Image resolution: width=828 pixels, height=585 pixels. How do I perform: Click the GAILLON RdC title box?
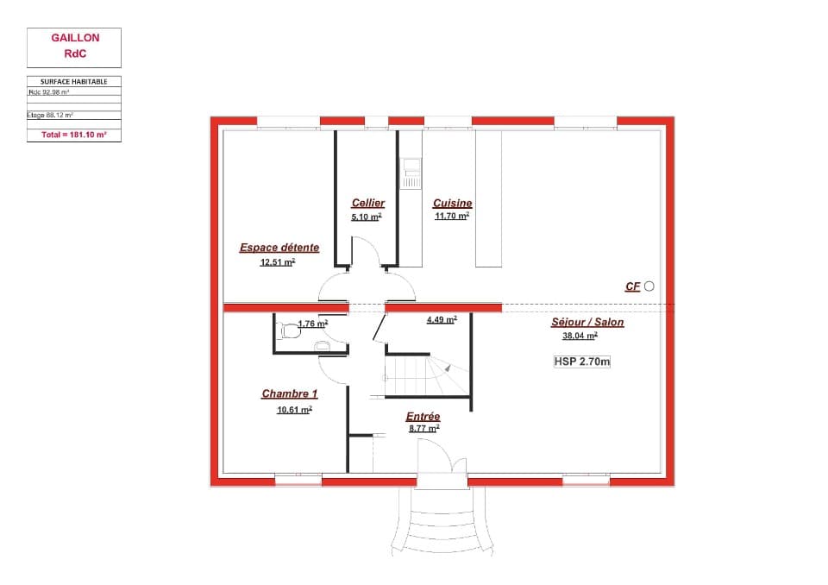[74, 47]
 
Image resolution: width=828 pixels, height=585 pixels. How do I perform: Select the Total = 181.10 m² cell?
[74, 135]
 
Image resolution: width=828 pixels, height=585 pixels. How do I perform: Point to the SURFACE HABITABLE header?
[74, 81]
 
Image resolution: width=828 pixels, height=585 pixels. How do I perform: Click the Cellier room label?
[367, 203]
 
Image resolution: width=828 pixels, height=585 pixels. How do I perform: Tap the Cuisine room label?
[452, 204]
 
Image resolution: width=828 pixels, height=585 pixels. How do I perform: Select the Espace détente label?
[279, 248]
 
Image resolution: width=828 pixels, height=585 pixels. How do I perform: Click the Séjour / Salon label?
[587, 323]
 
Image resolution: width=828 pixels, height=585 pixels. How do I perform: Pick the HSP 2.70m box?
[582, 362]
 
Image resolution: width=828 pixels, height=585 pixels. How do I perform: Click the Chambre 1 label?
[289, 394]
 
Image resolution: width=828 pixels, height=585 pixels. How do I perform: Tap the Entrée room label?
[423, 417]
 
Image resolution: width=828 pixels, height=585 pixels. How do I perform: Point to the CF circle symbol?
[649, 286]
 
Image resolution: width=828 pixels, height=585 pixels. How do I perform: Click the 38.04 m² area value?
[580, 337]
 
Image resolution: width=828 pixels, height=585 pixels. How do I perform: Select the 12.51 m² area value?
[277, 262]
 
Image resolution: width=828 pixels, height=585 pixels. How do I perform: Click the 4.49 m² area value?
[441, 319]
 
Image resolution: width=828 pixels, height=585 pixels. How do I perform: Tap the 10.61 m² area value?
[293, 411]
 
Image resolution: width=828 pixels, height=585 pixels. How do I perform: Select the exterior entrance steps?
[441, 522]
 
